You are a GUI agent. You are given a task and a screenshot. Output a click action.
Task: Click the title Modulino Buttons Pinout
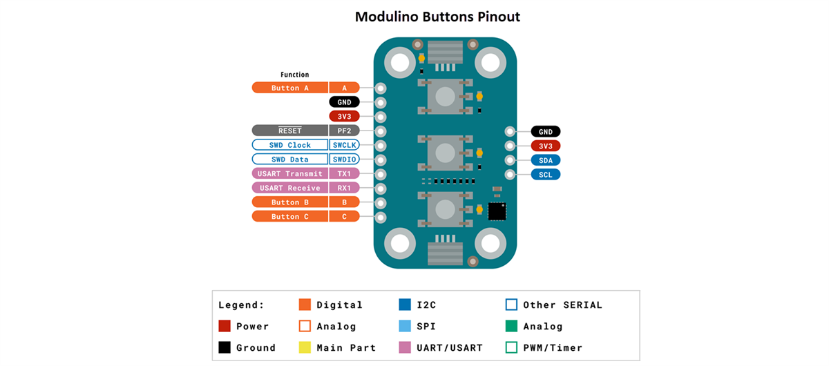pos(437,17)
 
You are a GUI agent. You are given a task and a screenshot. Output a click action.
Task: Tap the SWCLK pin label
pos(344,145)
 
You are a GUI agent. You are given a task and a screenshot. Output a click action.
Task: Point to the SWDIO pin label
pos(344,160)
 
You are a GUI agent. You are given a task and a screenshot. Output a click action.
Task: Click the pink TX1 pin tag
pos(344,174)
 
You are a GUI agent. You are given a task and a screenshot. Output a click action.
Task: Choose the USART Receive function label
pos(289,188)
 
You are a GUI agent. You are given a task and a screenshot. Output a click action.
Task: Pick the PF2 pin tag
pos(344,131)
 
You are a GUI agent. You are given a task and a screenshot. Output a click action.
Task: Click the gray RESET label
pos(289,131)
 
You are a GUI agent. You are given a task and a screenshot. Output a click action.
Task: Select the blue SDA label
pos(545,160)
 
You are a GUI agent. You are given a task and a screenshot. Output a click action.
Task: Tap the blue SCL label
pos(545,175)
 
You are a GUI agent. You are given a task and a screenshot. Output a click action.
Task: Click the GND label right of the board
pos(545,131)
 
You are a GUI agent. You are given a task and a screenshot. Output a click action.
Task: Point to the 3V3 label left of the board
pos(344,116)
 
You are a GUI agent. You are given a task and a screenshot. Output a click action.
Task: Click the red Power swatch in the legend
pos(225,326)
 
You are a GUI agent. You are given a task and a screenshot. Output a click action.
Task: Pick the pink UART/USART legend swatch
pos(405,347)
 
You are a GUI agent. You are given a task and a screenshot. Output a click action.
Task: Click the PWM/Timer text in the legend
pos(553,347)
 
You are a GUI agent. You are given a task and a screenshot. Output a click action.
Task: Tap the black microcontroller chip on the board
pos(497,211)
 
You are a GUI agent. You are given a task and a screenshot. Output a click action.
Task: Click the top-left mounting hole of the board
pos(401,64)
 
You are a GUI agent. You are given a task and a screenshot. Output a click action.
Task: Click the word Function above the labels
pos(295,75)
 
